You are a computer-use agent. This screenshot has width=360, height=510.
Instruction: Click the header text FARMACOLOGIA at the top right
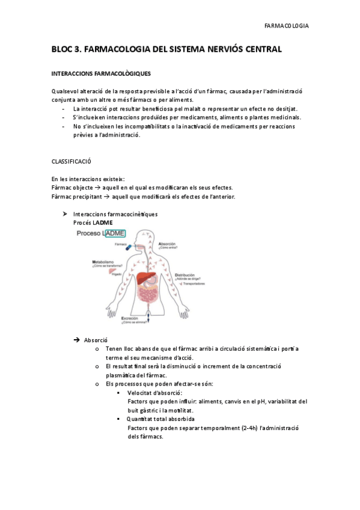pyautogui.click(x=287, y=26)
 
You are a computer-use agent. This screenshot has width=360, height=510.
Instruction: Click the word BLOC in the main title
pyautogui.click(x=63, y=49)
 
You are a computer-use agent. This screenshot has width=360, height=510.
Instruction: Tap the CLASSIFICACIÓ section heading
pyautogui.click(x=72, y=162)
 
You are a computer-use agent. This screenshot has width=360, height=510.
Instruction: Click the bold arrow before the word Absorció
pyautogui.click(x=77, y=340)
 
